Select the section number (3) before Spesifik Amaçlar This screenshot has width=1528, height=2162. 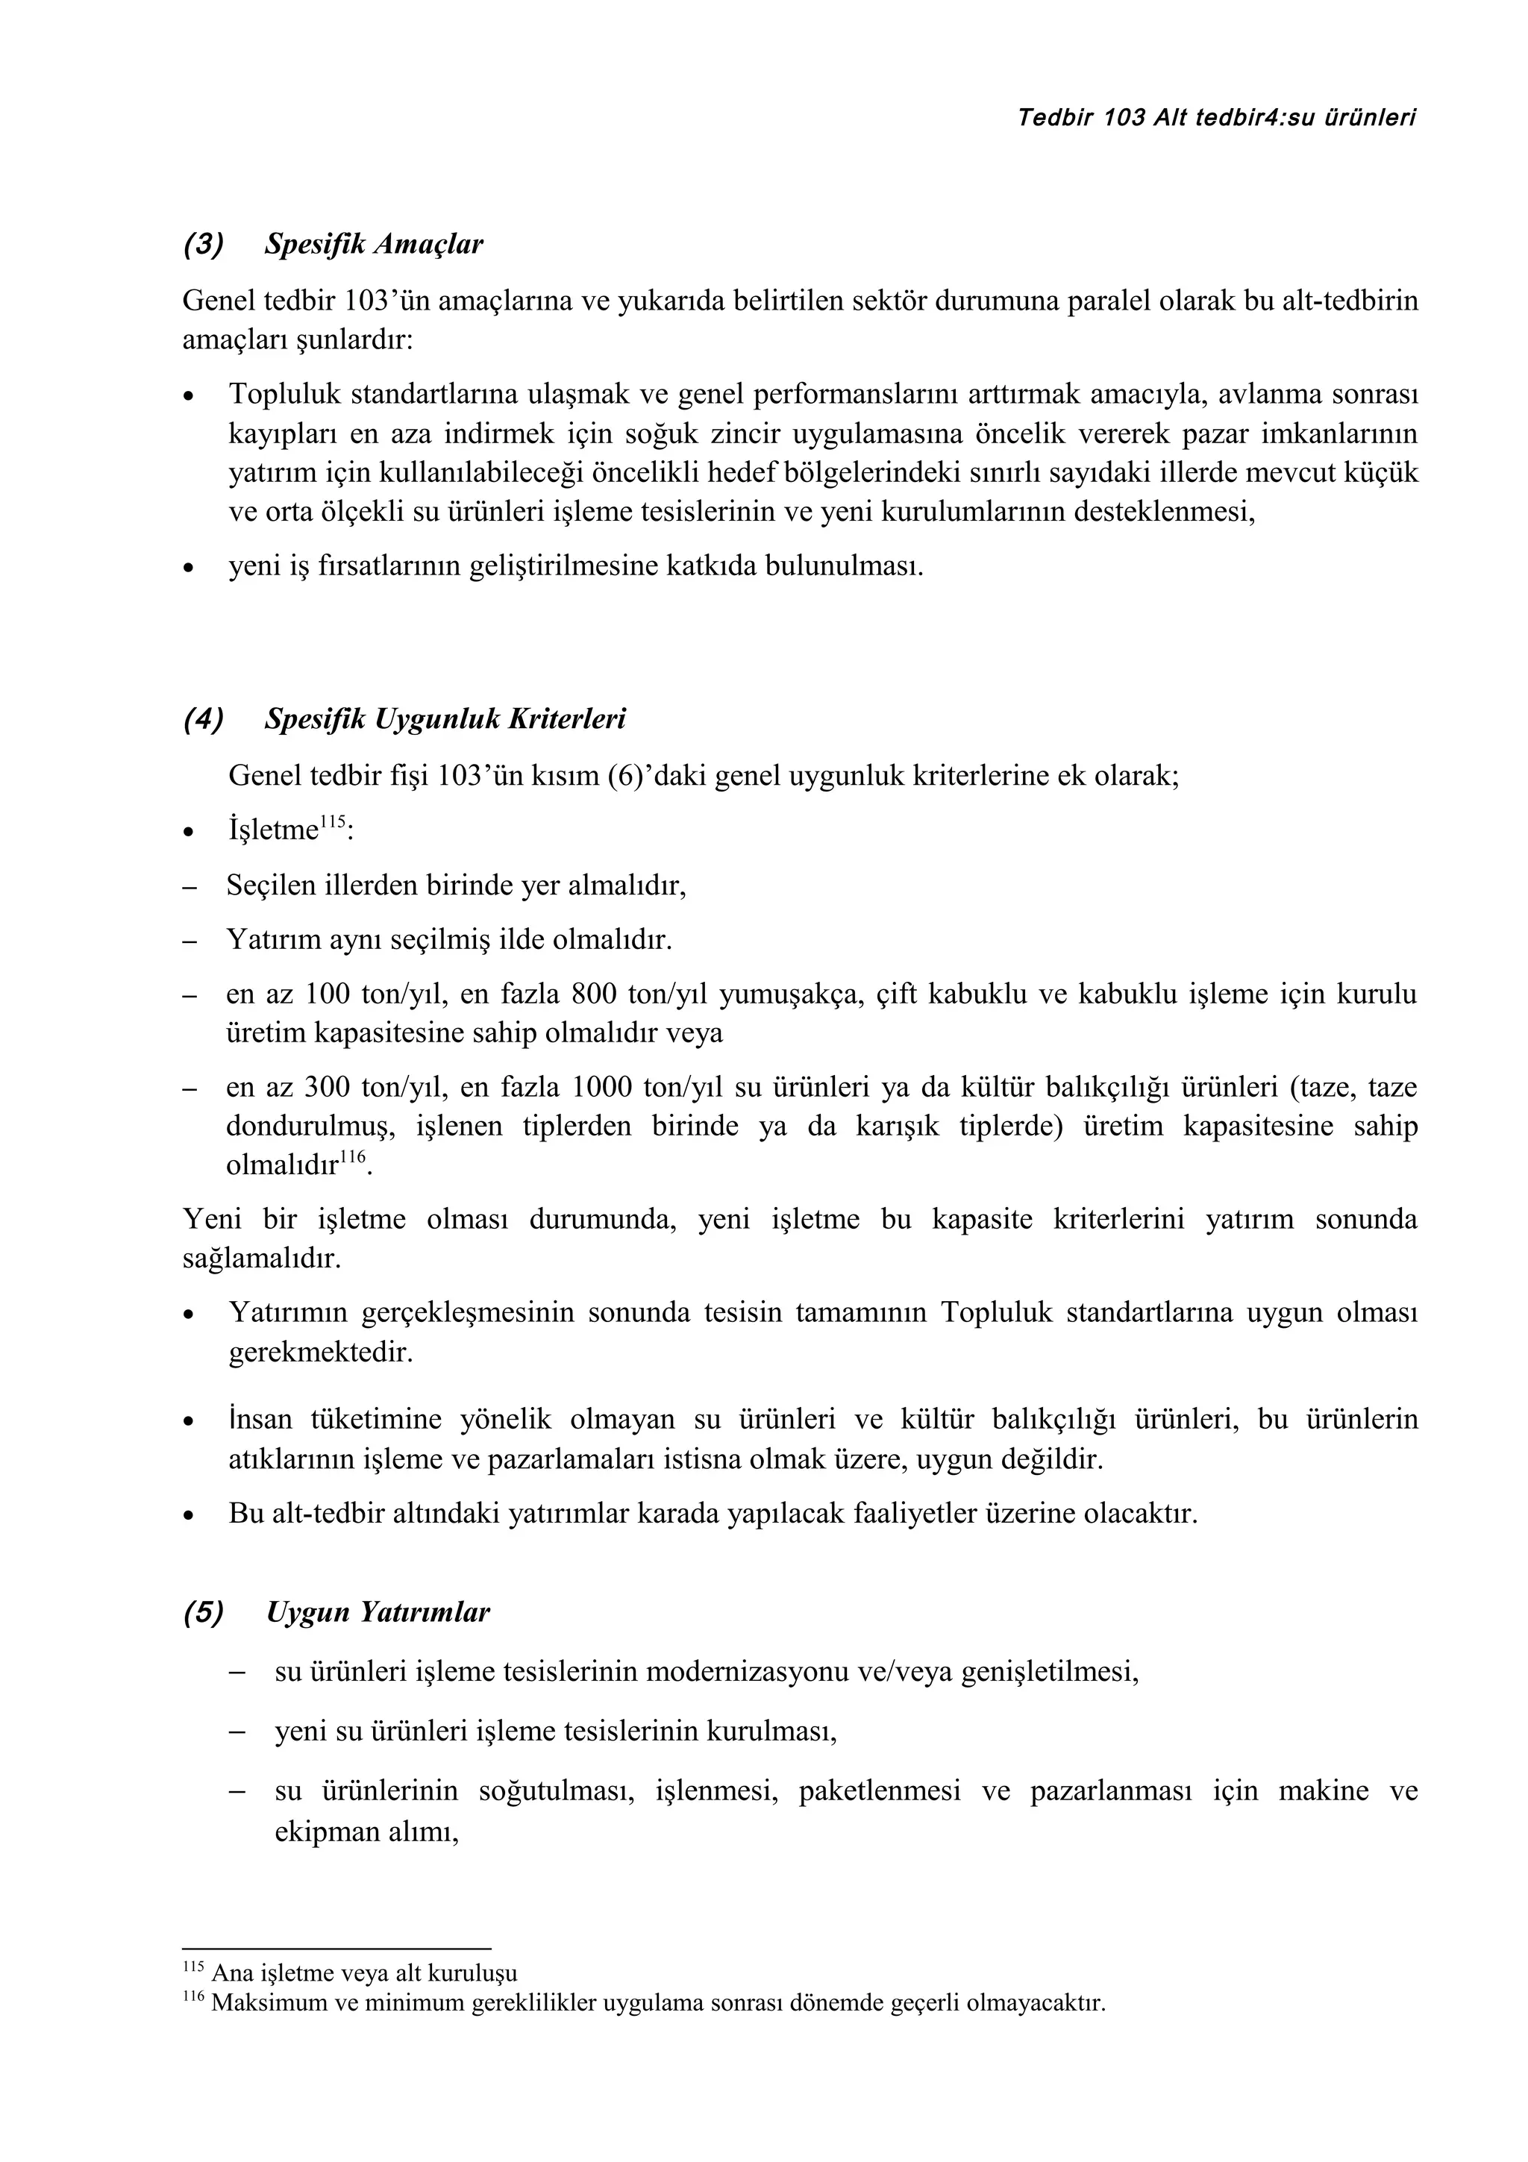click(x=204, y=245)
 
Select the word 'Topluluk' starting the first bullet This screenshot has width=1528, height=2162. click(x=283, y=395)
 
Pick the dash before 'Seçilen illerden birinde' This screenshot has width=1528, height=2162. click(x=190, y=886)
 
